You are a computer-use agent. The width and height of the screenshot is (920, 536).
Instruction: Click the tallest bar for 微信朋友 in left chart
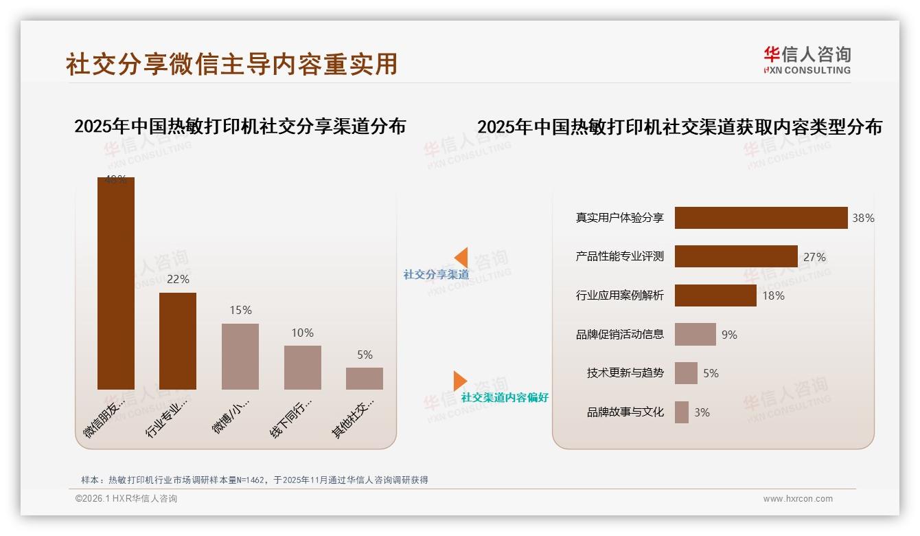click(115, 283)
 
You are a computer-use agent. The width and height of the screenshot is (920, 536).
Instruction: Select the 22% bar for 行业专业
click(178, 341)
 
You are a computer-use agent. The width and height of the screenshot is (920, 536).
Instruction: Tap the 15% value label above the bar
click(240, 311)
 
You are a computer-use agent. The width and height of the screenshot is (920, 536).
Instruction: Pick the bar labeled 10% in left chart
click(302, 367)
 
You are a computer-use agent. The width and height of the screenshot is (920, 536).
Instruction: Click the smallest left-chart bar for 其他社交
click(365, 379)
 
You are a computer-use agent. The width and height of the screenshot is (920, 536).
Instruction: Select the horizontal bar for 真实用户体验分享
click(761, 218)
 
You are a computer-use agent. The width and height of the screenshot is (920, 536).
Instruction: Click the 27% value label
click(814, 257)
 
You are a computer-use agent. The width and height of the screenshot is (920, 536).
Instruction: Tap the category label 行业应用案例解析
click(620, 295)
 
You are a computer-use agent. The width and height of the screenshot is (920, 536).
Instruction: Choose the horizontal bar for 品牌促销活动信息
click(695, 335)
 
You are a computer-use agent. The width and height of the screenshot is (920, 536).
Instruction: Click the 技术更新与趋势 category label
click(625, 373)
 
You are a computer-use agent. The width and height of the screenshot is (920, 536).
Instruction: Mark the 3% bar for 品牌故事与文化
click(682, 412)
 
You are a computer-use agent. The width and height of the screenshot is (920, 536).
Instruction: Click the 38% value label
click(863, 218)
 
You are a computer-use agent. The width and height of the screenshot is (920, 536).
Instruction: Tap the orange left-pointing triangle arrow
click(461, 257)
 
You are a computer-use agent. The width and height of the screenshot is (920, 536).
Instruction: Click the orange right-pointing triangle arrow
click(459, 381)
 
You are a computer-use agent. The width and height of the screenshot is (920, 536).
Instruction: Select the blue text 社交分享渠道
click(436, 275)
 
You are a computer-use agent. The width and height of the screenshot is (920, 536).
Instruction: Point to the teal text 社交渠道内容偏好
click(505, 398)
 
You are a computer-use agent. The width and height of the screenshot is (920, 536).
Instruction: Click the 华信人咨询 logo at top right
click(807, 60)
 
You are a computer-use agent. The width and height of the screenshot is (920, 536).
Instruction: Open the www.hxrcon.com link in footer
click(798, 499)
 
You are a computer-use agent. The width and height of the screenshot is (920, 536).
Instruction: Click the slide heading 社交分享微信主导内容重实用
click(231, 64)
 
